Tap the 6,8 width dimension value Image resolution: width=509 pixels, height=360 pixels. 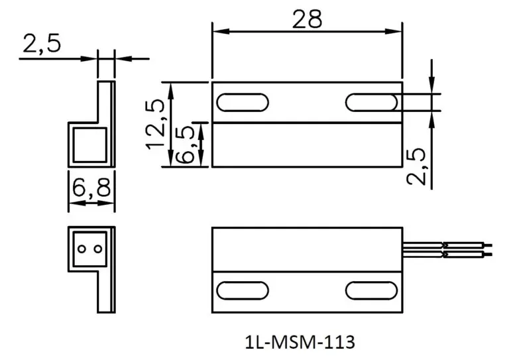tap(91, 190)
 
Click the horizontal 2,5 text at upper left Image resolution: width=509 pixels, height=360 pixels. tap(41, 44)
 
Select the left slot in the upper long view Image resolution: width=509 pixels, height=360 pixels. tap(243, 102)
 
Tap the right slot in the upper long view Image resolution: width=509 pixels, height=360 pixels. tap(371, 102)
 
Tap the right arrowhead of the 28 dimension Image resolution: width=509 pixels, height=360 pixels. tap(397, 30)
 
